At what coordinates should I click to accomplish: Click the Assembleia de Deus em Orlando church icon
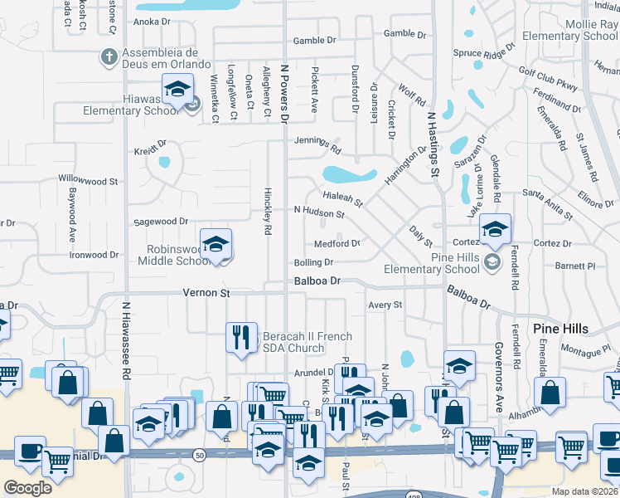click(x=107, y=57)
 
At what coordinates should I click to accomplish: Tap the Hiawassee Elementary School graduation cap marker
click(x=177, y=88)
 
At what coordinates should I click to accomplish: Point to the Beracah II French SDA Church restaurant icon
click(x=241, y=336)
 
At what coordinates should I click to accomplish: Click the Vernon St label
click(x=206, y=293)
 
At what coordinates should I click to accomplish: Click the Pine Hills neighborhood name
click(x=560, y=328)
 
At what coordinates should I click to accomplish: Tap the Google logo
click(x=28, y=488)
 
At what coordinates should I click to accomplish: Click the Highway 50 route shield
click(x=200, y=455)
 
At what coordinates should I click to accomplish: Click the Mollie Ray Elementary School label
click(x=582, y=31)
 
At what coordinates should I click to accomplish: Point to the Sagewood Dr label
click(x=161, y=222)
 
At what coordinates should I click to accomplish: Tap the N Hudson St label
click(x=319, y=212)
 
